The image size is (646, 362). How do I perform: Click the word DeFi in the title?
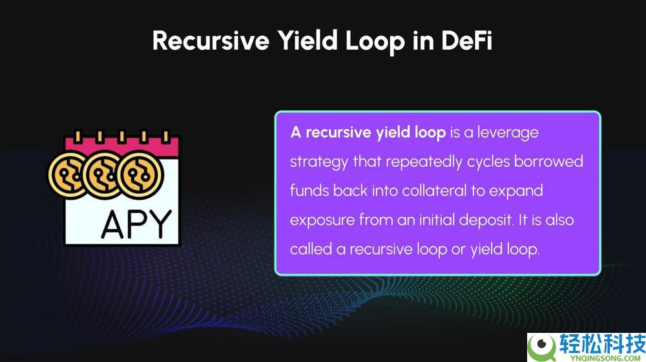tap(467, 41)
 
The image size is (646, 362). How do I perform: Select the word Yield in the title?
tap(307, 41)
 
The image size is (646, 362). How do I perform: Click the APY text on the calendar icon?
tap(136, 225)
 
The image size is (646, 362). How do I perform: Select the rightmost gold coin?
tap(140, 175)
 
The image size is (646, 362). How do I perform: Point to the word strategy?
tap(319, 162)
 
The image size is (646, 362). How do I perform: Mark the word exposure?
tap(322, 220)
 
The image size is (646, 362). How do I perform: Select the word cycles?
tap(488, 162)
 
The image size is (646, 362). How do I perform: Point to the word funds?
tap(309, 191)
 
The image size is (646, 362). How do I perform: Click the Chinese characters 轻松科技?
tap(602, 343)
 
